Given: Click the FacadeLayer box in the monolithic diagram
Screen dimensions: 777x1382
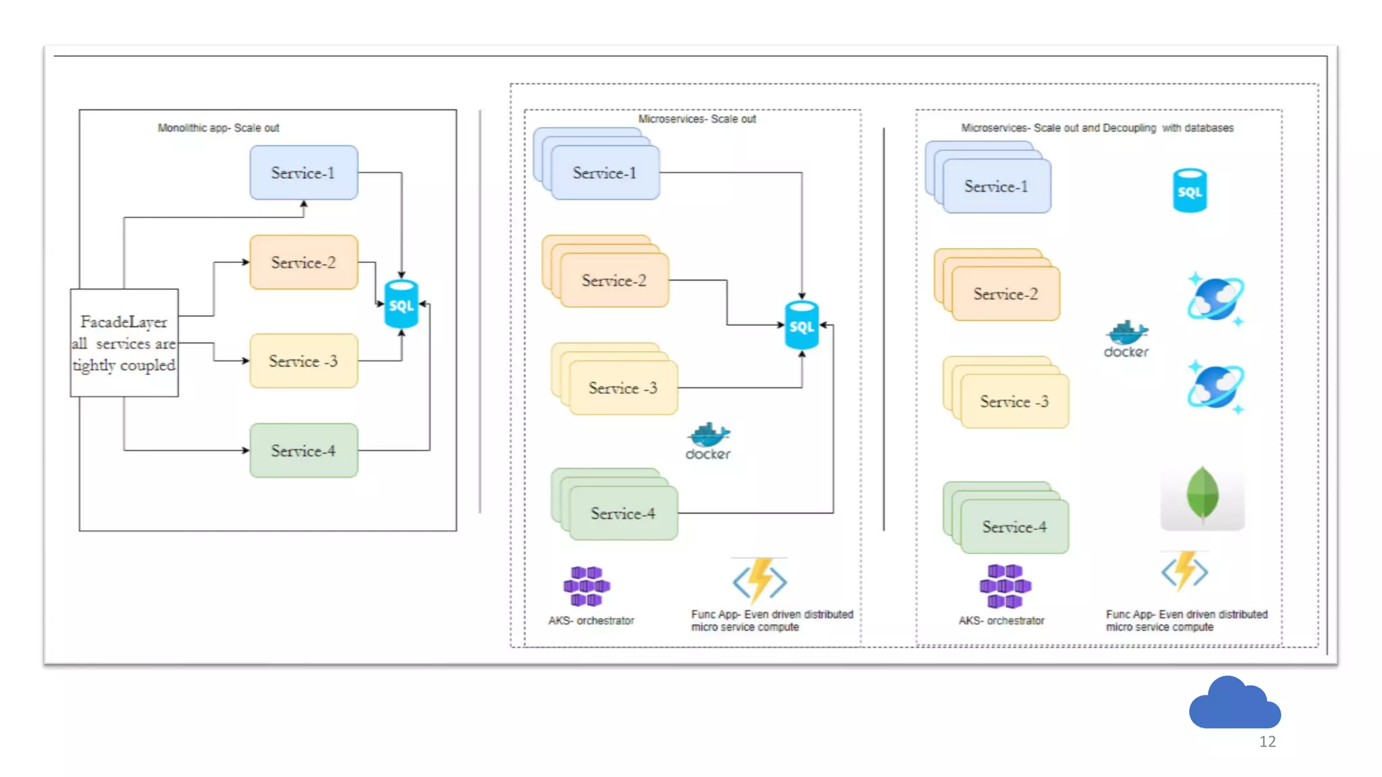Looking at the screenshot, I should pos(124,343).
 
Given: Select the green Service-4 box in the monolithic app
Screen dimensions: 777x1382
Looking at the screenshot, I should pos(304,451).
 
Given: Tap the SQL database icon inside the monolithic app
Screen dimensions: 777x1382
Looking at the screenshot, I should pos(401,305).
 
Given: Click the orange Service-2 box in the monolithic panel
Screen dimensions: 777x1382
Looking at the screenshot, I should pos(304,262).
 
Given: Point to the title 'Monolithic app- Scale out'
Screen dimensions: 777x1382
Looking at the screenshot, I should pos(218,127).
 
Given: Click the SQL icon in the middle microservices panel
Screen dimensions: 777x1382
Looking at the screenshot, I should pos(802,326).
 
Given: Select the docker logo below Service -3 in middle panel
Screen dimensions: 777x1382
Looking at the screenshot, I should pos(708,441).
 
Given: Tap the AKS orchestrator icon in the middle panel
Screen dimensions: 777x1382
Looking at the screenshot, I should pos(586,585).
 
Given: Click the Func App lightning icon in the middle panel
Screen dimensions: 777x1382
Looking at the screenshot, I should pos(760,580).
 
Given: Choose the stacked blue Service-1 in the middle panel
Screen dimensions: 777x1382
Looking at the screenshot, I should pos(605,173).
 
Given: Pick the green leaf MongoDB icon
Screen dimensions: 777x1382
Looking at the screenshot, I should pos(1202,496).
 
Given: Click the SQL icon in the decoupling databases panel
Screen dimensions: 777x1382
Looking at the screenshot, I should pos(1190,191).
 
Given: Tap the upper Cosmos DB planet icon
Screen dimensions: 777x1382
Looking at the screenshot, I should pos(1216,298).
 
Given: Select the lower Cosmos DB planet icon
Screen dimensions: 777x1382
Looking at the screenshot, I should pos(1216,386).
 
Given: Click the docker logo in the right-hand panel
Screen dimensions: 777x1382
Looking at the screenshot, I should pos(1126,339).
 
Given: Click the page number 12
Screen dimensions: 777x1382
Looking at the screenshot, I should pos(1267,742).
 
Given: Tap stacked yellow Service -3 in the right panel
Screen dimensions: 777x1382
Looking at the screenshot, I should pos(1014,401).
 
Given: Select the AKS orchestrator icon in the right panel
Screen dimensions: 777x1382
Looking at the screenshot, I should pos(1005,585).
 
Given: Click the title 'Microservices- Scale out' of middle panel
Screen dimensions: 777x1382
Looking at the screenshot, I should pos(696,119).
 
